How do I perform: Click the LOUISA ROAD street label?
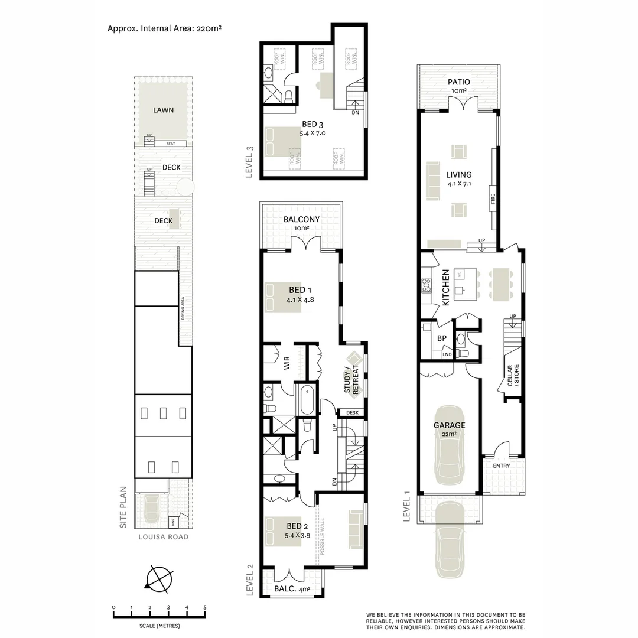[163, 537]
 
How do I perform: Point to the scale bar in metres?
[159, 616]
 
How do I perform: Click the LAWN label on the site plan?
[163, 110]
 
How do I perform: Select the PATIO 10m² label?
[459, 86]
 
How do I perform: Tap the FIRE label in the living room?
[492, 198]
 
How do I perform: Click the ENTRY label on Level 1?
[502, 466]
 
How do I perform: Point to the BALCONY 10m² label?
[301, 223]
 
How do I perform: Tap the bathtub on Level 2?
[308, 401]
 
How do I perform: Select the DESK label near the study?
[353, 412]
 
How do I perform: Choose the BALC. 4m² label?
[292, 589]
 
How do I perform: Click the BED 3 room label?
[313, 128]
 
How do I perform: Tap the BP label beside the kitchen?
[441, 338]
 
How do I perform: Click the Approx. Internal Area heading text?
[165, 28]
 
